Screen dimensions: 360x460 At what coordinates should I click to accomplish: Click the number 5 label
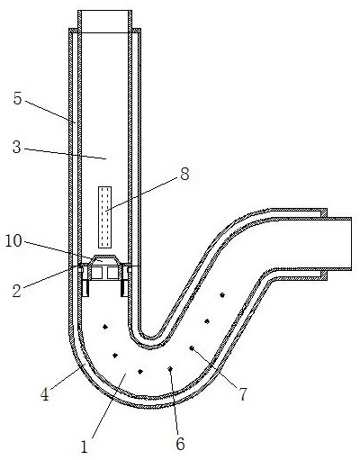[x=18, y=98]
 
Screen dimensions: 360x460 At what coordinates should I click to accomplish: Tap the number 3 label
[x=17, y=148]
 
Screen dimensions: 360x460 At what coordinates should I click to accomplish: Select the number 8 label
[x=184, y=174]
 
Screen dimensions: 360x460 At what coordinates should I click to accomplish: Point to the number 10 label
[x=13, y=240]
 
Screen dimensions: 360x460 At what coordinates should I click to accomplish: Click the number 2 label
[x=17, y=291]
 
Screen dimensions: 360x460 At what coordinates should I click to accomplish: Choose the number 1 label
[x=85, y=446]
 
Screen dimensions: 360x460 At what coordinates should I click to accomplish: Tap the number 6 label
[x=180, y=444]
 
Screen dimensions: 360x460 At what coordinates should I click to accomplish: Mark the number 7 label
[x=243, y=394]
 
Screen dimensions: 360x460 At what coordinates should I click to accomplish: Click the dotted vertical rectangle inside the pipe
[x=105, y=217]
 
